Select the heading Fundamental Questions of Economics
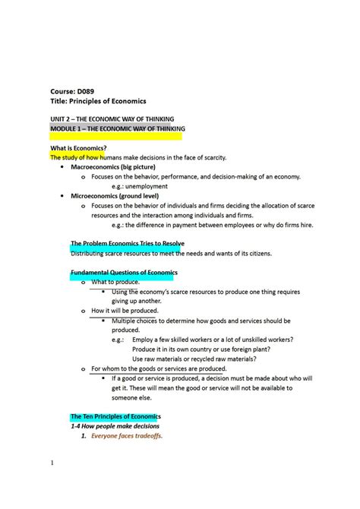(x=124, y=272)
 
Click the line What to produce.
(x=115, y=282)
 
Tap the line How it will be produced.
(x=125, y=311)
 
